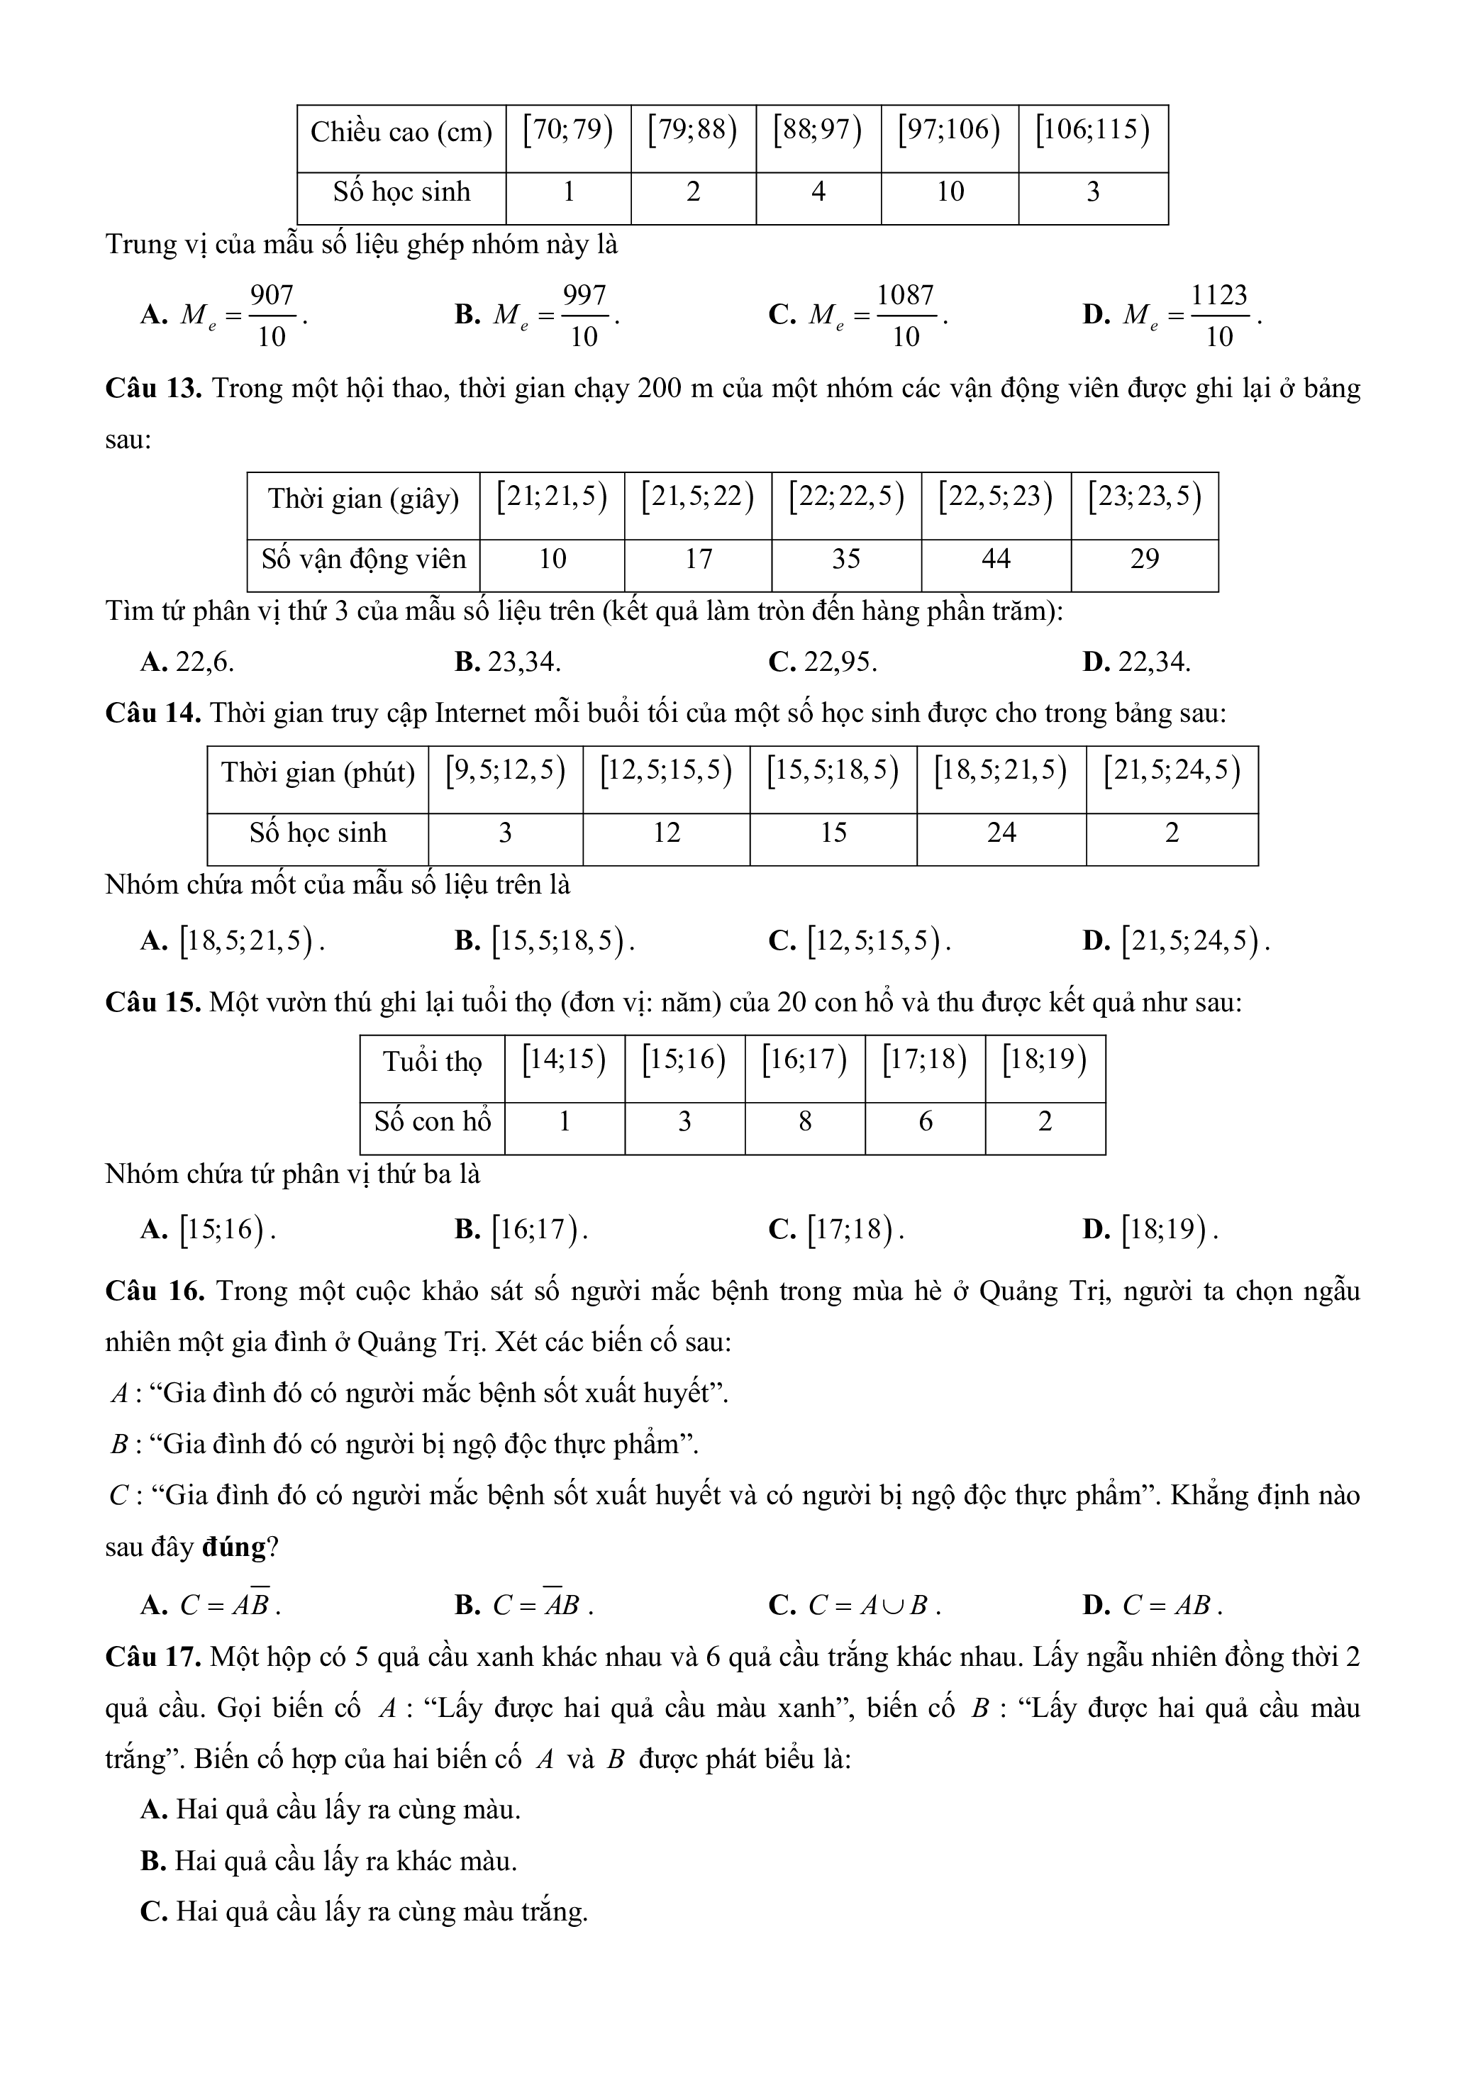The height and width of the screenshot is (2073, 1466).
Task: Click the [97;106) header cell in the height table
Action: click(949, 131)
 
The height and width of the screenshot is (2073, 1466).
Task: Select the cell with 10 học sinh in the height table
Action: click(950, 191)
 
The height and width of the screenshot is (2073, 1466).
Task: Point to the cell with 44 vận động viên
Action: click(996, 559)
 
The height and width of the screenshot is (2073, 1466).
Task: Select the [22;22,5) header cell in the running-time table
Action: click(846, 497)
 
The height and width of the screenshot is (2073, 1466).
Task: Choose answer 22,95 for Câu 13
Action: click(840, 662)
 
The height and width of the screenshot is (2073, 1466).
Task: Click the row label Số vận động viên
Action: click(364, 559)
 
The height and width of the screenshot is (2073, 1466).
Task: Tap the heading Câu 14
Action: click(153, 713)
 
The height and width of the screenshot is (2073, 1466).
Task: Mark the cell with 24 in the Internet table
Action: click(1001, 833)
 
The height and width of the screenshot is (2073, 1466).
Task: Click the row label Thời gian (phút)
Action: click(318, 773)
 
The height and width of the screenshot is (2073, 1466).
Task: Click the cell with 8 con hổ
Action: click(804, 1121)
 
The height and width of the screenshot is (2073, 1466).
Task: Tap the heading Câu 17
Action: click(153, 1657)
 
